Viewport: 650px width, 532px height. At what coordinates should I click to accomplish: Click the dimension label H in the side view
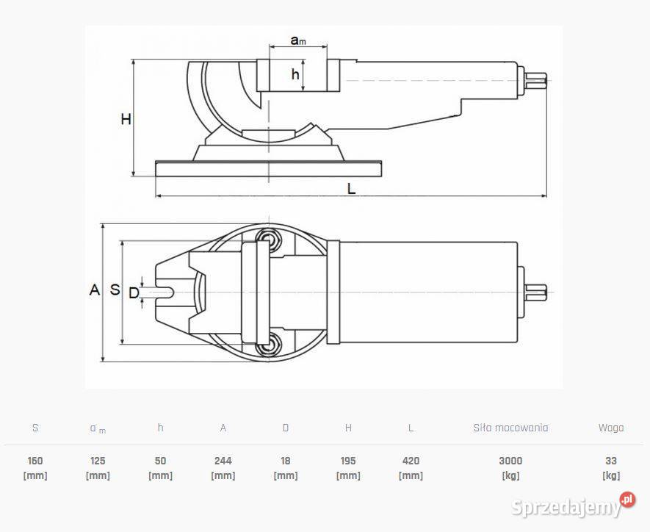(x=126, y=119)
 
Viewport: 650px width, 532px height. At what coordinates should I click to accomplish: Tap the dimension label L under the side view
(x=351, y=189)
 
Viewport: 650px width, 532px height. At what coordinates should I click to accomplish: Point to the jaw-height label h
(x=295, y=74)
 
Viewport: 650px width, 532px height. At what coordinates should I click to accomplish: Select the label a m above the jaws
(x=298, y=40)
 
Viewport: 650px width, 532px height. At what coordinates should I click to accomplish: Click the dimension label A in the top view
(x=94, y=290)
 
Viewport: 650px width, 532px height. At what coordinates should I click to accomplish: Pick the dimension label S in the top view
(x=115, y=290)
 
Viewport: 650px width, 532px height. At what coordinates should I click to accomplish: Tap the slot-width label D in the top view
(x=133, y=293)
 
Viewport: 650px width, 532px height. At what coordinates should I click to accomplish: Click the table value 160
(x=35, y=461)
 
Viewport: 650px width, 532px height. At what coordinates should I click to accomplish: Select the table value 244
(x=223, y=461)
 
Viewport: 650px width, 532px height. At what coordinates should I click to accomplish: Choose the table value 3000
(x=510, y=461)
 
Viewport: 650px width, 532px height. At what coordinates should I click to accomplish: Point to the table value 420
(x=411, y=461)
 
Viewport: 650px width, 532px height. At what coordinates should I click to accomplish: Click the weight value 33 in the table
(x=611, y=461)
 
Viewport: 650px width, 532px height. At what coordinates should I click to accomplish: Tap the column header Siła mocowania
(x=510, y=428)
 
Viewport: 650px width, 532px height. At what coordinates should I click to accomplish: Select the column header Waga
(x=611, y=428)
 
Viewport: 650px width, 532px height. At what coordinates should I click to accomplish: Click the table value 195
(x=348, y=461)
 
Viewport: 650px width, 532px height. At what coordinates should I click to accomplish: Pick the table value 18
(x=286, y=461)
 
